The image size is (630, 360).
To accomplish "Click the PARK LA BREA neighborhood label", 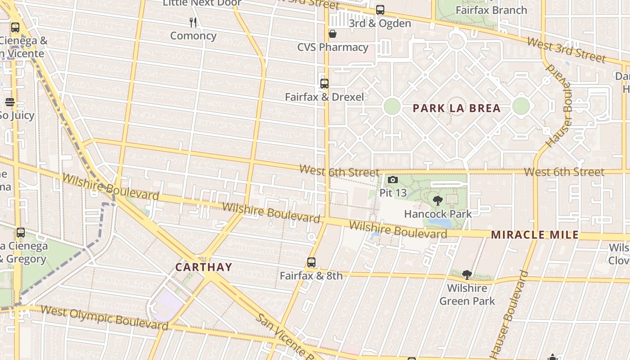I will pos(456,108).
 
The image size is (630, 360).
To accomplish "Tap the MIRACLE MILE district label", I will pos(535,234).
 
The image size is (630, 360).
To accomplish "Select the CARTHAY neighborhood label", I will pos(204,267).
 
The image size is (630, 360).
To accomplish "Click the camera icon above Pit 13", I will pos(393,180).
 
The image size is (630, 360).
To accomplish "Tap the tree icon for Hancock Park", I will pos(437,201).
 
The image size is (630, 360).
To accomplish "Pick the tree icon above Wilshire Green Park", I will pos(467,274).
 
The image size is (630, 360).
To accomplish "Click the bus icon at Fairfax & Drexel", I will pos(324,83).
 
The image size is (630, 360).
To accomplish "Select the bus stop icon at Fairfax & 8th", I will pos(311,262).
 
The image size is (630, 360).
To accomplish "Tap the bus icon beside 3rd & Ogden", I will pos(380,10).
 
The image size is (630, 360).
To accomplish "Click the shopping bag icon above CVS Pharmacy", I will pos(333,34).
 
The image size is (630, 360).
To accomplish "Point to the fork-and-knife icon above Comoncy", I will pos(193,22).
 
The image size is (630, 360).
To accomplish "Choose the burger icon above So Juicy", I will pos(9,102).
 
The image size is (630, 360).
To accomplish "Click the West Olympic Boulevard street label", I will pos(104,317).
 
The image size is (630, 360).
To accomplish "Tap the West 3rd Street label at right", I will pos(566,50).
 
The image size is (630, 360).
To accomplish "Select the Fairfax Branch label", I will pos(491,10).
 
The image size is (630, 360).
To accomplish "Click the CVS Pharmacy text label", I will pos(333,47).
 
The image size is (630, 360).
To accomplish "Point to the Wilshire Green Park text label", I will pos(467,295).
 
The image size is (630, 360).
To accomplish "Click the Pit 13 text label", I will pos(393,193).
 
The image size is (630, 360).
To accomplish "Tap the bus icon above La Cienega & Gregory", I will pos(21,233).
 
